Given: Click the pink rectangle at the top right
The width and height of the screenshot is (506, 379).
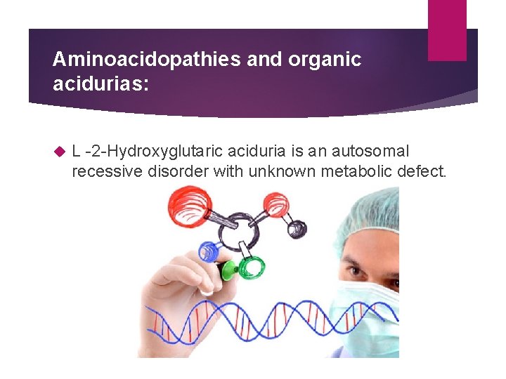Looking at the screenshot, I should (x=447, y=29).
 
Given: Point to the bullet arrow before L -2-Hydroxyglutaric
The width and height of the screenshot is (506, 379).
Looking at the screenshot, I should (x=59, y=151).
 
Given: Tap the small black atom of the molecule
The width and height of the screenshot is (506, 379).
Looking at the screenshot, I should (x=298, y=228).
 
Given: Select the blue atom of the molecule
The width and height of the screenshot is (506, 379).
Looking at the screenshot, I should (x=208, y=251).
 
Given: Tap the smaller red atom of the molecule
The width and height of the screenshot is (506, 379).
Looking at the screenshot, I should (x=275, y=204).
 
